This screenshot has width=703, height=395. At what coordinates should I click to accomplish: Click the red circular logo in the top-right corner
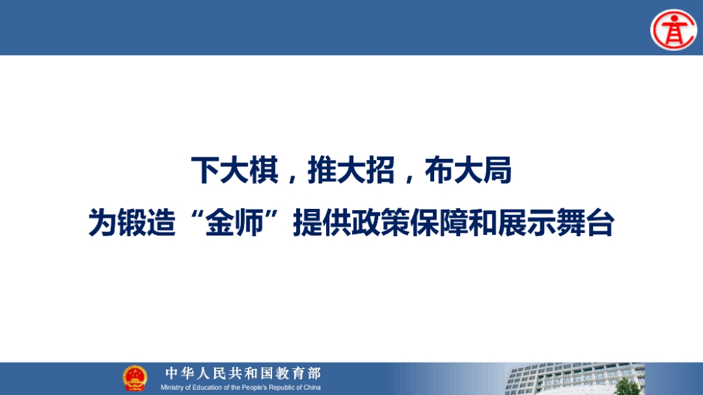673,30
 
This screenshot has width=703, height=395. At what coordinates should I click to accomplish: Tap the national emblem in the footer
135,378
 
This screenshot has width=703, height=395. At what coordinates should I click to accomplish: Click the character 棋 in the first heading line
264,170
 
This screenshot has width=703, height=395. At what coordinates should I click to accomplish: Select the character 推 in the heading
322,170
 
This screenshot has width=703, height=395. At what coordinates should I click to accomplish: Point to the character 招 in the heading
381,170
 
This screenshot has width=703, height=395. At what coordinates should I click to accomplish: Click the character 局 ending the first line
497,170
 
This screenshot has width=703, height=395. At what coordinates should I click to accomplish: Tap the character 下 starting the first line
206,170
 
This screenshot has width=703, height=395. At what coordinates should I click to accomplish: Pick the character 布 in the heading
439,170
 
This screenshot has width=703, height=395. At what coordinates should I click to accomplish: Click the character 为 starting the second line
103,222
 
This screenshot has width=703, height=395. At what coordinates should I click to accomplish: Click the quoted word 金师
235,222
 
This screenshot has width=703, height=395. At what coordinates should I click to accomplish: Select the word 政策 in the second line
381,222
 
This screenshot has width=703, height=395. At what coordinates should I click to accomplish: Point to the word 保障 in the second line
439,222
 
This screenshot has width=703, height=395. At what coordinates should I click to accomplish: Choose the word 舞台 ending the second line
585,222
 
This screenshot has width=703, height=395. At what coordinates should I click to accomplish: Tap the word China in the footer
312,387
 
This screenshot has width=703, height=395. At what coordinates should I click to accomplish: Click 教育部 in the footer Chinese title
299,373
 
